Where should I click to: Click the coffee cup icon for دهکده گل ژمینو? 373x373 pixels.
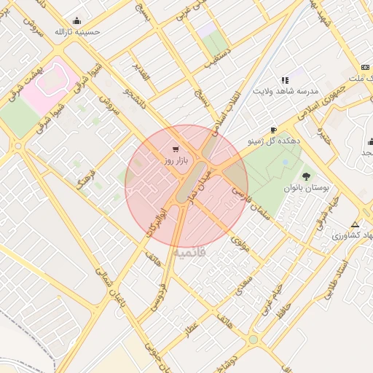point(273,130)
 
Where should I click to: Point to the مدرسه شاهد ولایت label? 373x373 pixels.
point(283,91)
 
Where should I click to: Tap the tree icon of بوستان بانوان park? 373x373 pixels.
point(306,176)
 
